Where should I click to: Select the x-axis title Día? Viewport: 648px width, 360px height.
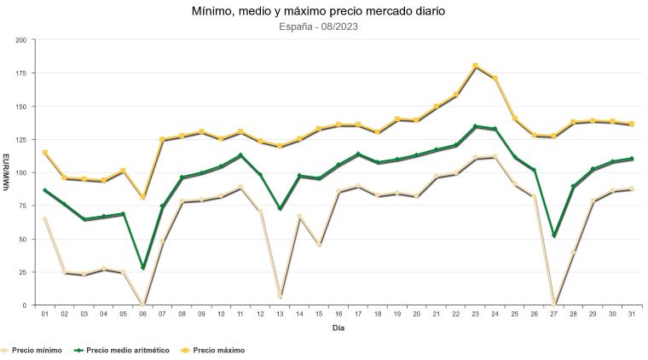point(338,328)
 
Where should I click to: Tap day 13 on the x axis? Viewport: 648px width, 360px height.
point(280,314)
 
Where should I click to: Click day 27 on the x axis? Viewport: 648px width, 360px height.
point(554,314)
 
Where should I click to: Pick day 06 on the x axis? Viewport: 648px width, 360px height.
point(142,314)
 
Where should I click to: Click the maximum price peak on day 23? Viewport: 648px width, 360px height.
point(476,66)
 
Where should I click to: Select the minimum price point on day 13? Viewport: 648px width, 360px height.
point(280,296)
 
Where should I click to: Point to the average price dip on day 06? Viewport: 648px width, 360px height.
point(142,268)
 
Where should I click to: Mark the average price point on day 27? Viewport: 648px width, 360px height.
point(554,235)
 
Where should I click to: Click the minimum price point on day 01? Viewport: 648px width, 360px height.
point(44,219)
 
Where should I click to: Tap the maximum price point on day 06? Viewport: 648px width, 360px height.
point(142,197)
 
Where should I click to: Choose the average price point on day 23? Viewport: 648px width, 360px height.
point(476,126)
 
